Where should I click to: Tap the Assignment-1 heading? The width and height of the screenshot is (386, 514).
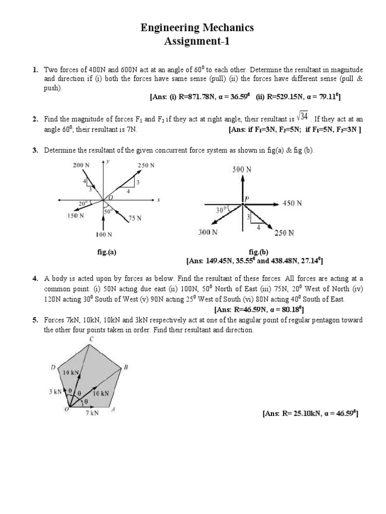coord(197,42)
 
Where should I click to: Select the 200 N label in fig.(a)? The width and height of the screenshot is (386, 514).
coord(80,165)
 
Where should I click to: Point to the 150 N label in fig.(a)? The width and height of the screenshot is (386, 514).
coord(75,216)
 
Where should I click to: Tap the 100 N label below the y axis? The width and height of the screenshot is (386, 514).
coord(104,234)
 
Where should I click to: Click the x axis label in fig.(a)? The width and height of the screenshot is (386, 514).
coord(158,200)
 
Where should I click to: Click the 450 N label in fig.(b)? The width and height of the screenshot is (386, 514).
coord(292,203)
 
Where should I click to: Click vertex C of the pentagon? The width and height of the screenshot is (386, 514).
coord(91,339)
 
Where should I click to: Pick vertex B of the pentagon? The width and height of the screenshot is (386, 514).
coord(126,367)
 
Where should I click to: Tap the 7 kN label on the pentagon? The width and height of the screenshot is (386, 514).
coord(91,413)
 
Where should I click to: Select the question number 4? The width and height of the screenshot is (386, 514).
coord(35,278)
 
